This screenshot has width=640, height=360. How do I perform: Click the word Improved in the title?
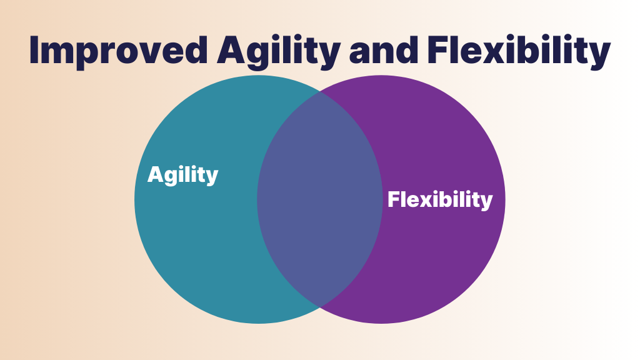tap(118, 51)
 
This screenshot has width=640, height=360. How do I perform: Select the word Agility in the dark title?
tap(278, 51)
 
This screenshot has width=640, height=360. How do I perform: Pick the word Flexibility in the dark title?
tap(519, 51)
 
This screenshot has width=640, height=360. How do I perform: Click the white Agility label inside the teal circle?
tap(183, 175)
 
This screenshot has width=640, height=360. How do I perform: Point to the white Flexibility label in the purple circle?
tap(440, 200)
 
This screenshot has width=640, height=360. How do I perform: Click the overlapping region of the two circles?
tap(320, 199)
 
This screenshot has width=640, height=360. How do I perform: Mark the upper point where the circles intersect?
tap(320, 92)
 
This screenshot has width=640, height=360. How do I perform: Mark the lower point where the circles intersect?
tap(320, 307)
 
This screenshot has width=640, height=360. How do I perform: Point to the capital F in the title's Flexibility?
tap(438, 50)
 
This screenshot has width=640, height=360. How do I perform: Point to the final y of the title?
tap(599, 56)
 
